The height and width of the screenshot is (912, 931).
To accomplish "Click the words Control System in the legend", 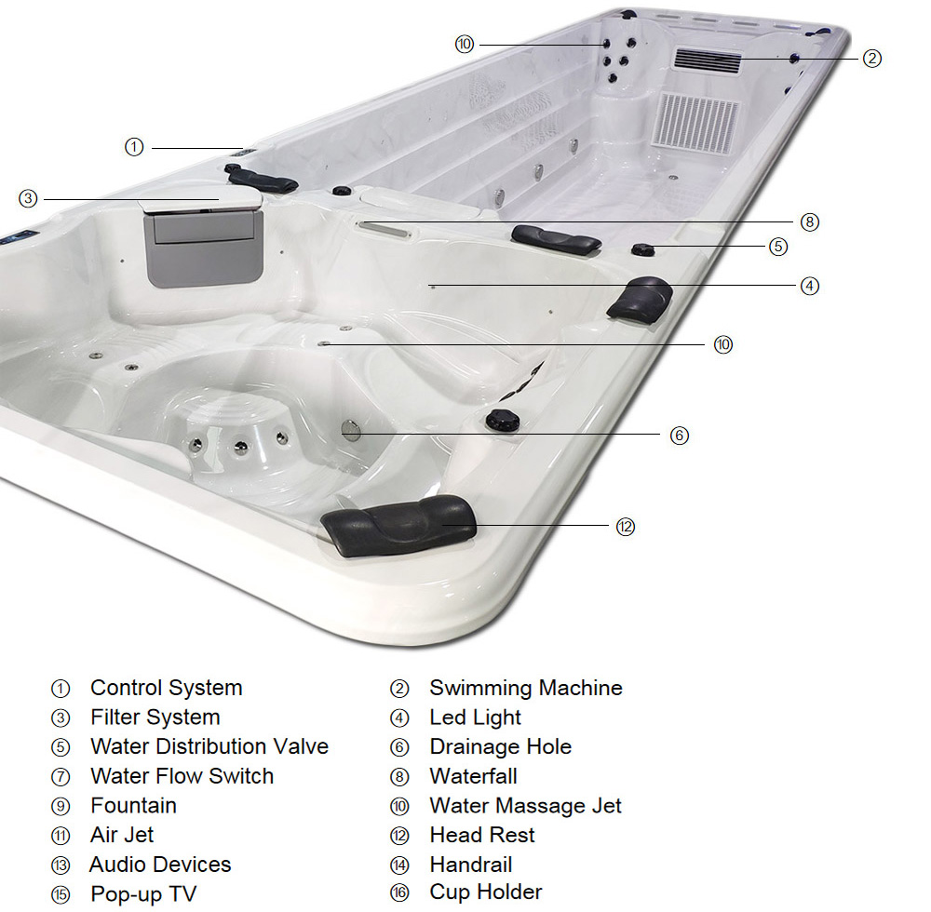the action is tap(166, 689).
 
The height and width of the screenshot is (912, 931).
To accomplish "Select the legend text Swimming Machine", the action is tap(525, 689).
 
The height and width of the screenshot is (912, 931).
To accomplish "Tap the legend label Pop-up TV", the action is tap(143, 894).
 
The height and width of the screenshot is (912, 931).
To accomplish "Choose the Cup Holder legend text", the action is tap(485, 892).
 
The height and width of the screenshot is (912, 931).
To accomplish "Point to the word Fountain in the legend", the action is tap(133, 806).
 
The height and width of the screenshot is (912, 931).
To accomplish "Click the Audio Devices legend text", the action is tap(160, 865).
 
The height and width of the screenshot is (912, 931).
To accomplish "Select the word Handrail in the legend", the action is tap(470, 865).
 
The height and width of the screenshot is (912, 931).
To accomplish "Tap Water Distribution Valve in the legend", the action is tap(209, 747).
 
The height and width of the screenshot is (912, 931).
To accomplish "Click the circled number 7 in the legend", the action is tap(61, 777).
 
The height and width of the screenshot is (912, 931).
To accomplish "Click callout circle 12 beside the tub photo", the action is tap(625, 527).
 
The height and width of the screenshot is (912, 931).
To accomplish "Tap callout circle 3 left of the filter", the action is tap(28, 198).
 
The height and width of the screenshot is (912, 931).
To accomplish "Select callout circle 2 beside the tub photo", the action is tap(870, 59).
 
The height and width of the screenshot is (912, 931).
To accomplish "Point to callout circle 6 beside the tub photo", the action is tap(680, 435).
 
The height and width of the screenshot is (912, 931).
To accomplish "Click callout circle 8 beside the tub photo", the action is tap(810, 222).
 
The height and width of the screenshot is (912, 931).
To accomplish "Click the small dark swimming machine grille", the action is tap(708, 61).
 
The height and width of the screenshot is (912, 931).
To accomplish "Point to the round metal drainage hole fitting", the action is tap(350, 429).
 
